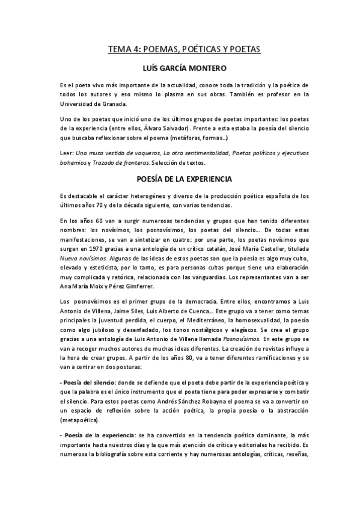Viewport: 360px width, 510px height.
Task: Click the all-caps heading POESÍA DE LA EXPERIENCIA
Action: tap(180, 179)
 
